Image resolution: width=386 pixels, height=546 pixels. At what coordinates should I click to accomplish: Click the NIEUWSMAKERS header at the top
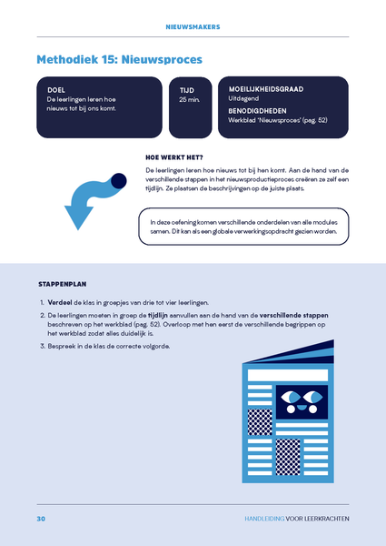click(x=193, y=26)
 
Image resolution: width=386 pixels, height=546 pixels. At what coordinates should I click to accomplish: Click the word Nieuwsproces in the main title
click(x=162, y=59)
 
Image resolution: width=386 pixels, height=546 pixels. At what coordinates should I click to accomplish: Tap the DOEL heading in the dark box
click(x=56, y=90)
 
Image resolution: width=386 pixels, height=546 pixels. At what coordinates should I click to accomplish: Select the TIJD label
click(x=187, y=90)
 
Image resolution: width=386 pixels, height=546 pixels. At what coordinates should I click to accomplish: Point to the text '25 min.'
click(x=189, y=99)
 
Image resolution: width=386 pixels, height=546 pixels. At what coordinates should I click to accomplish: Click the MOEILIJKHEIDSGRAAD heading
click(x=266, y=89)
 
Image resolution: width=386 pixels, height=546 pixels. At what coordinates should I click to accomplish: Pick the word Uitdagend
click(x=243, y=98)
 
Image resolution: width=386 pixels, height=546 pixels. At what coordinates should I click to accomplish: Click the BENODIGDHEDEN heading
click(x=257, y=111)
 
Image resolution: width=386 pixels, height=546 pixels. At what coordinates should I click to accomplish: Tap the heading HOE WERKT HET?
click(x=174, y=157)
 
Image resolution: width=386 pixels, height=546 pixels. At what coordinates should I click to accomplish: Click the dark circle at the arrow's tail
click(x=119, y=181)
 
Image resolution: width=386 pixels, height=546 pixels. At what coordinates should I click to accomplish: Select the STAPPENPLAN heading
click(x=62, y=284)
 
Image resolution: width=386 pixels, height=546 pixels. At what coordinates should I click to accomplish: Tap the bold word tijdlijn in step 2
click(x=158, y=316)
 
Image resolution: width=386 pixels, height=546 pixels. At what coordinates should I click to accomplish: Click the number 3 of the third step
click(x=43, y=347)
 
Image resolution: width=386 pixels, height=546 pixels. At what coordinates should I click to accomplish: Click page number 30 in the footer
click(x=41, y=519)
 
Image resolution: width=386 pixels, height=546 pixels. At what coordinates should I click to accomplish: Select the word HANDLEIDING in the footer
click(x=264, y=519)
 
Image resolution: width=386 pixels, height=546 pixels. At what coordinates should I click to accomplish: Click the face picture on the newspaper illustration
click(x=302, y=402)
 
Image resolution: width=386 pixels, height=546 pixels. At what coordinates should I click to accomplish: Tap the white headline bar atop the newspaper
click(x=288, y=375)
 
